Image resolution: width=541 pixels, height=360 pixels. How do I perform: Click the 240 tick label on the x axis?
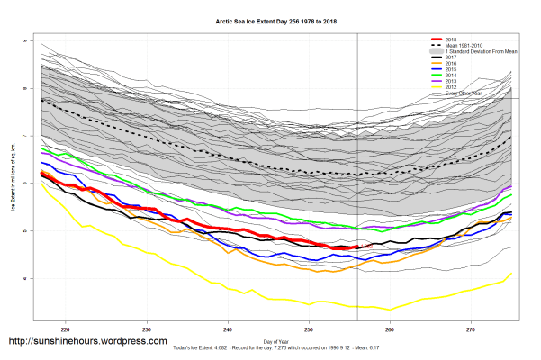tap(228, 329)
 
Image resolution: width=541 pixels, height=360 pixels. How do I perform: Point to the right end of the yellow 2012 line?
tap(511, 273)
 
